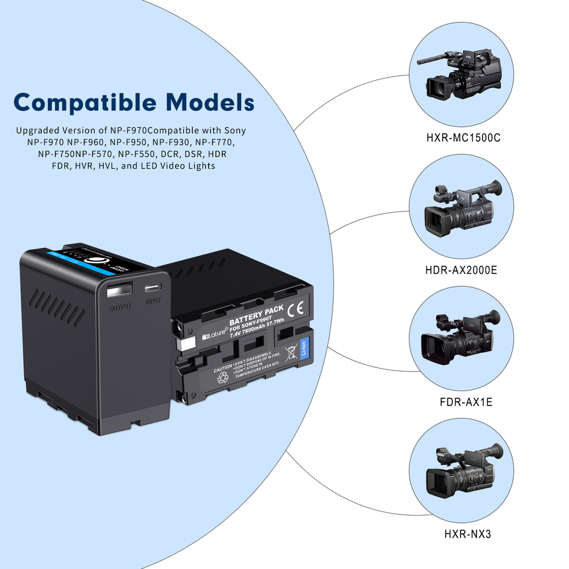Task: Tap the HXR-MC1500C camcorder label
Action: tap(463, 138)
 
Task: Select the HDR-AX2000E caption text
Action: tap(461, 270)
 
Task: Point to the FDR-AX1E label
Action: tap(466, 402)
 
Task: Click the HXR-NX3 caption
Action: tap(468, 534)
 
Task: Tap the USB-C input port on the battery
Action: tap(154, 288)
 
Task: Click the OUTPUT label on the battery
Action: tap(119, 308)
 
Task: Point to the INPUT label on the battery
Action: tap(154, 301)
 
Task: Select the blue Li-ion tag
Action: tap(305, 349)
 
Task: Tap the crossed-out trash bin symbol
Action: tap(290, 354)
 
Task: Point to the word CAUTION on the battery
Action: tap(223, 368)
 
